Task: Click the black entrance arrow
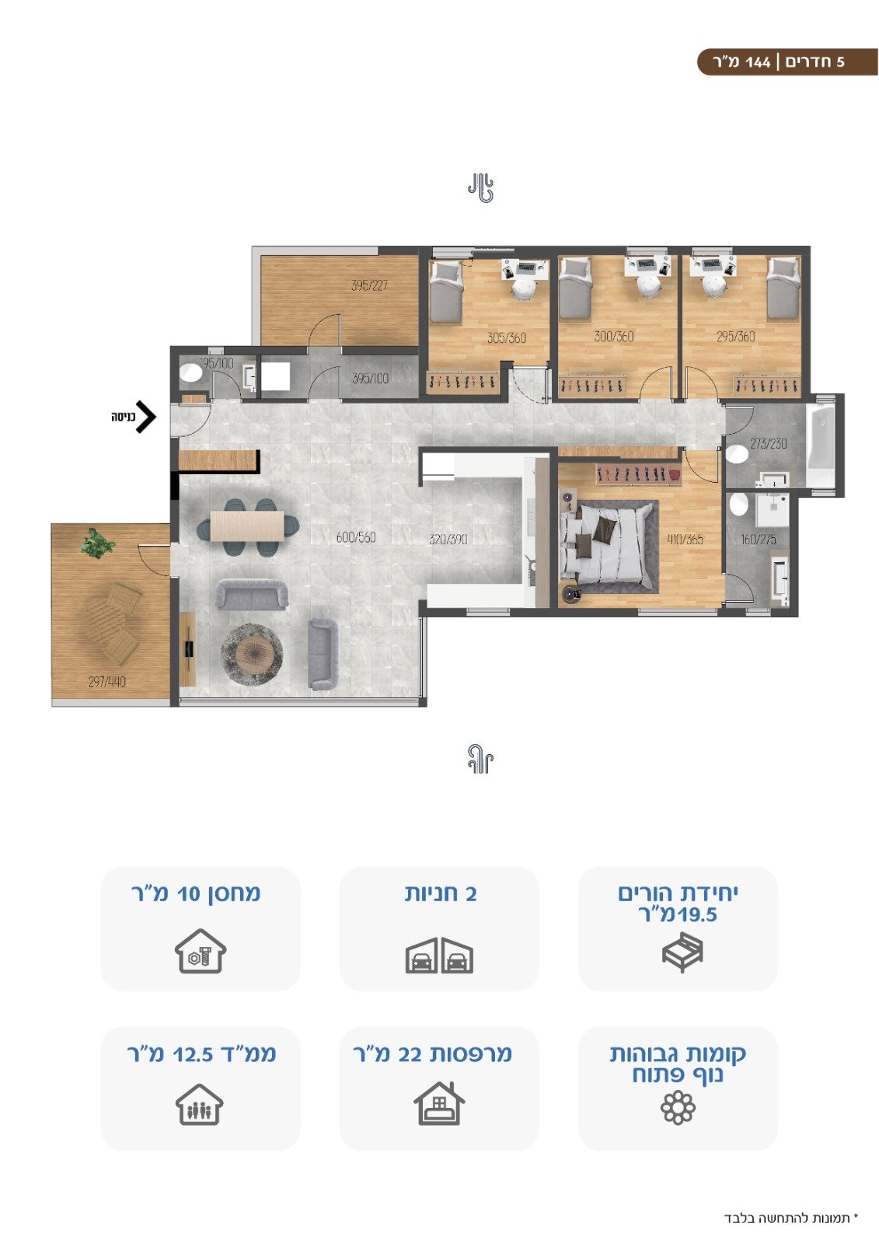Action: point(147,417)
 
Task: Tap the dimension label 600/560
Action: point(356,537)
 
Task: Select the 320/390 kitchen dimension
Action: point(448,539)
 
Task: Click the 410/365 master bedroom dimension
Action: point(685,539)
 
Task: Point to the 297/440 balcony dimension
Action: point(107,681)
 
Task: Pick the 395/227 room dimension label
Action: point(369,285)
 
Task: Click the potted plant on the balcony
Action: point(97,543)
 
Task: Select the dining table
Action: point(247,526)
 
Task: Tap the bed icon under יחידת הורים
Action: point(682,952)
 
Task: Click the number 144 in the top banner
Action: point(758,62)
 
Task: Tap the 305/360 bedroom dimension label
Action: point(507,337)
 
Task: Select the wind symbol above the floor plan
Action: point(480,187)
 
